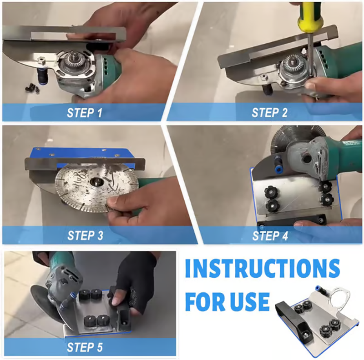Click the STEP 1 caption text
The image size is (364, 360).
(x=85, y=113)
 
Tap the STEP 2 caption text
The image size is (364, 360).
(x=269, y=113)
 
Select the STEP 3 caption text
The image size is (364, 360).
(x=85, y=235)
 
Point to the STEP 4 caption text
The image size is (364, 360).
(x=270, y=236)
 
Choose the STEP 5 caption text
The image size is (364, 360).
(x=85, y=347)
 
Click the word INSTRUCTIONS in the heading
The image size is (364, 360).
(x=263, y=268)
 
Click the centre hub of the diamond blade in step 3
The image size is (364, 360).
(x=95, y=182)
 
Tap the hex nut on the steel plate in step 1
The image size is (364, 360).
(x=42, y=62)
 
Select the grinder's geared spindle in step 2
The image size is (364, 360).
(x=291, y=65)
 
